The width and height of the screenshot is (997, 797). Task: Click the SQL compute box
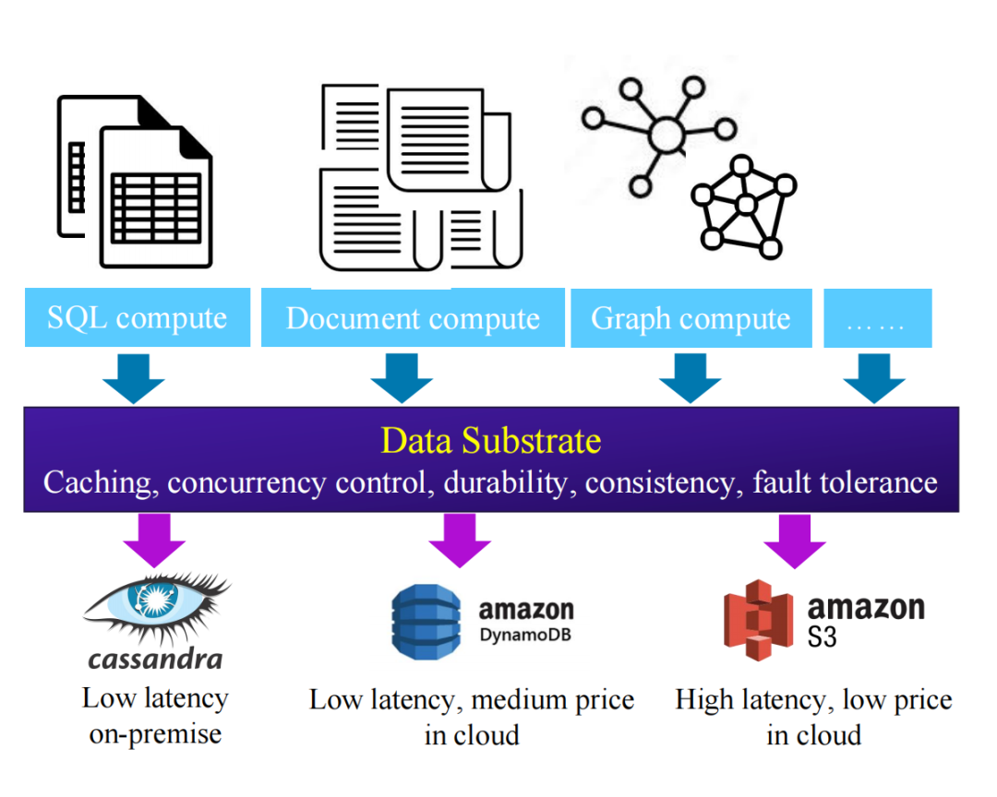[x=137, y=318]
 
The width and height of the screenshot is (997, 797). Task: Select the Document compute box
[x=413, y=318]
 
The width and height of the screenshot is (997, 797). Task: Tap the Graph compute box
[x=691, y=319]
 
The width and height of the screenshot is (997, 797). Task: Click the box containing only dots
[x=877, y=319]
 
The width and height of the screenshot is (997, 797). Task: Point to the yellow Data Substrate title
[x=490, y=441]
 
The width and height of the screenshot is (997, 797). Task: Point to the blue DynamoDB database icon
[x=426, y=621]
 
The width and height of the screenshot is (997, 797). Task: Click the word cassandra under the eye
[x=155, y=659]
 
